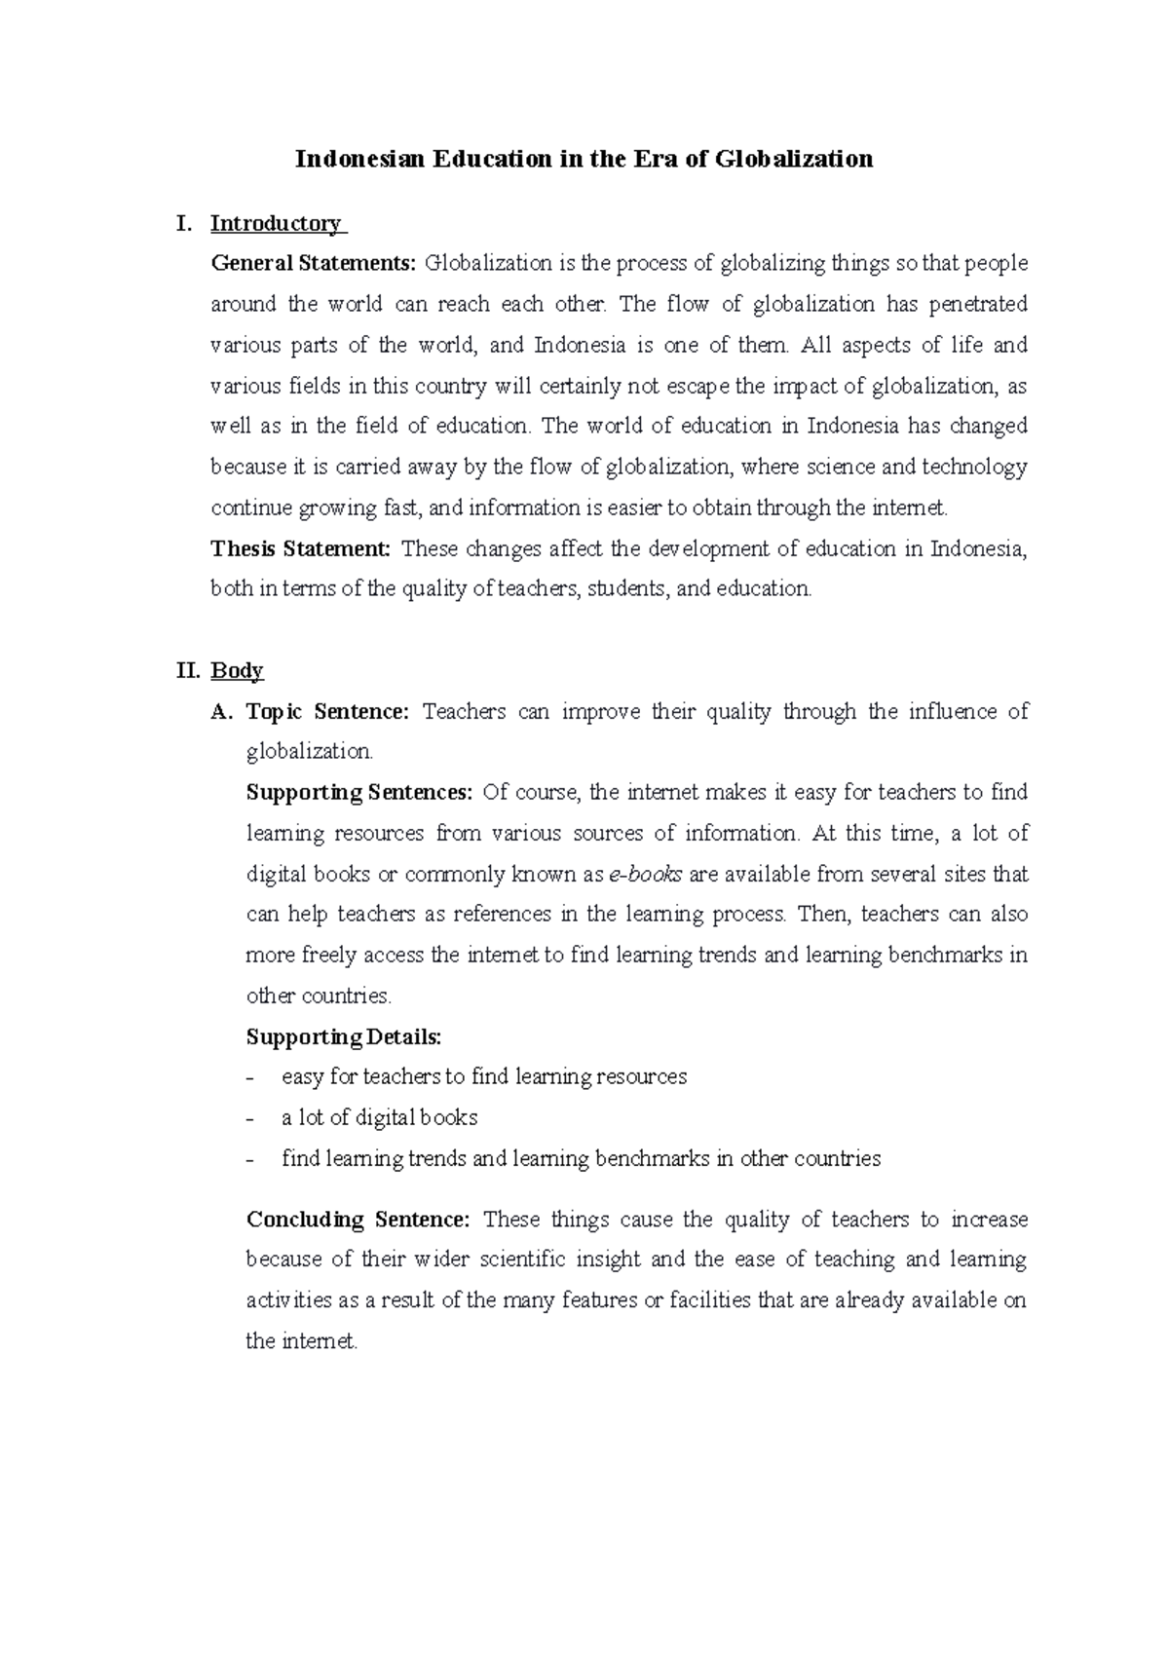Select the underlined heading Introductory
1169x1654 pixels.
(x=276, y=224)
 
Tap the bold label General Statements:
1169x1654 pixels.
(x=314, y=264)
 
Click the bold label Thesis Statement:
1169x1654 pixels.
(x=300, y=548)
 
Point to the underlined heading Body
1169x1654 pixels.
(x=237, y=671)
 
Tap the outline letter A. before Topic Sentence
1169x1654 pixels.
(x=222, y=712)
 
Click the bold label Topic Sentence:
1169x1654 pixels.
(x=328, y=712)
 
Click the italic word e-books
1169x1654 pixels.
(x=645, y=875)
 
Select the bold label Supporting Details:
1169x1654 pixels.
(x=344, y=1037)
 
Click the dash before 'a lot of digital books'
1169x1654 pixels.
(x=251, y=1119)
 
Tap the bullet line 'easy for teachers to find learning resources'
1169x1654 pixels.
(x=484, y=1077)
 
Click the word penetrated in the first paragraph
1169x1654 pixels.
(x=978, y=305)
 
